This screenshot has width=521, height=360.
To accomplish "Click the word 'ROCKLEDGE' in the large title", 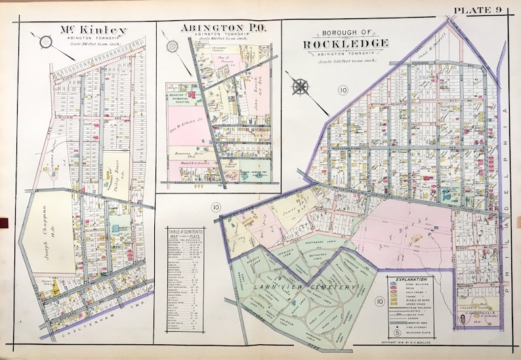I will [346, 43].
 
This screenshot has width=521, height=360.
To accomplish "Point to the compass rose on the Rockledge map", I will [302, 85].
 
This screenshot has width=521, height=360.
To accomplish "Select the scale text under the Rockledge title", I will [346, 61].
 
